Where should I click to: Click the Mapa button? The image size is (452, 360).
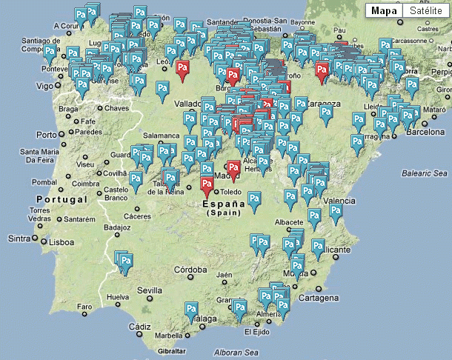(x=384, y=11)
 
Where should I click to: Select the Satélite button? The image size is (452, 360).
(x=426, y=11)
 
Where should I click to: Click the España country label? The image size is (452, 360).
(x=223, y=204)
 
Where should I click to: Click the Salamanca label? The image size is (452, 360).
(x=162, y=136)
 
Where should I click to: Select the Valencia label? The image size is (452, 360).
(x=339, y=201)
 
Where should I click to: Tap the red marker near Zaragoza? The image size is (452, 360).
(x=321, y=70)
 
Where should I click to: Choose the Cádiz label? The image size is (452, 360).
(x=139, y=327)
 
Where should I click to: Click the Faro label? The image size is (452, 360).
(x=86, y=307)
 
